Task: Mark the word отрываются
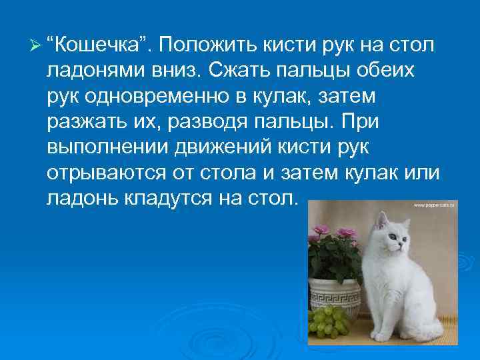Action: (110, 171)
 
